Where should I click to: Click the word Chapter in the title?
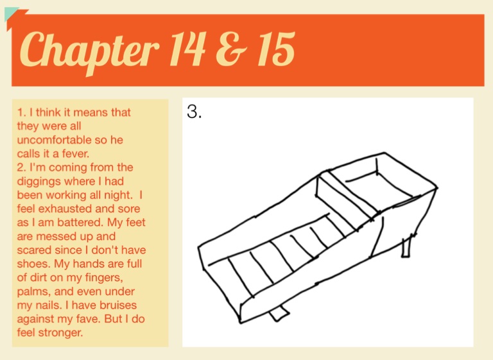89,51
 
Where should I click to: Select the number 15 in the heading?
276,49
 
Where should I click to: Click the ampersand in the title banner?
232,49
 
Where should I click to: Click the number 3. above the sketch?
194,111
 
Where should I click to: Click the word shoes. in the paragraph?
33,264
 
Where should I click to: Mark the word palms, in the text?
34,292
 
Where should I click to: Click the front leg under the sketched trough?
279,313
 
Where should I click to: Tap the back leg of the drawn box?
407,246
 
